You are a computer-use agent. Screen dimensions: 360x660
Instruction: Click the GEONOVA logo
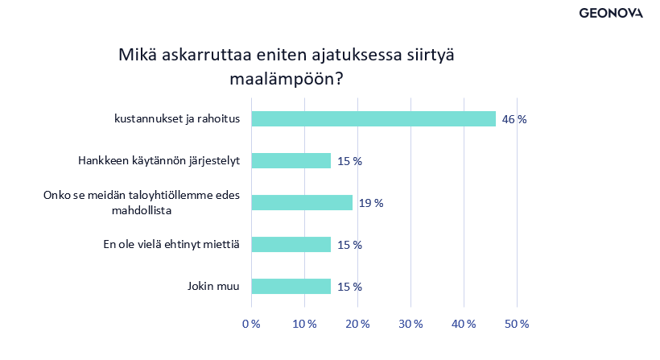tap(611, 13)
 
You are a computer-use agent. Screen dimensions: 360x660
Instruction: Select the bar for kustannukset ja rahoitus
tap(373, 119)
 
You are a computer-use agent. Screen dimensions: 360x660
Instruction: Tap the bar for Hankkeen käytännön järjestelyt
tap(291, 161)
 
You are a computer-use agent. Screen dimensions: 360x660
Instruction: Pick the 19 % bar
tap(302, 203)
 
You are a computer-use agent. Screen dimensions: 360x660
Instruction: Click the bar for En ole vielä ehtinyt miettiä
tap(291, 245)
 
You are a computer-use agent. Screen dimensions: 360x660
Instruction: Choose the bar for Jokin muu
tap(291, 287)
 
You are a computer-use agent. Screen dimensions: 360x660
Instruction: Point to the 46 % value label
tap(514, 119)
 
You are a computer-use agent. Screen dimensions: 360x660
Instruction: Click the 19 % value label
tap(371, 203)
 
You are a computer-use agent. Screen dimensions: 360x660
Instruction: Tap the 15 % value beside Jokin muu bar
tap(349, 287)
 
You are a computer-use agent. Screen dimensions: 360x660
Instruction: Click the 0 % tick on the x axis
tap(252, 324)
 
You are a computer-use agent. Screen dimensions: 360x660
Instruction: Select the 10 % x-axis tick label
tap(305, 324)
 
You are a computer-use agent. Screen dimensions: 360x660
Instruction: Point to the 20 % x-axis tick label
tap(358, 324)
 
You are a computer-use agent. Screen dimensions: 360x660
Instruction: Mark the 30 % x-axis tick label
tap(411, 324)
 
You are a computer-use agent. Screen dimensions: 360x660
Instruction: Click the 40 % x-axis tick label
tap(464, 324)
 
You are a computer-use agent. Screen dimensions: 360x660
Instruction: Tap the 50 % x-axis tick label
tap(517, 324)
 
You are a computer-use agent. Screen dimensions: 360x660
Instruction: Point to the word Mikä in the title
tap(138, 55)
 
